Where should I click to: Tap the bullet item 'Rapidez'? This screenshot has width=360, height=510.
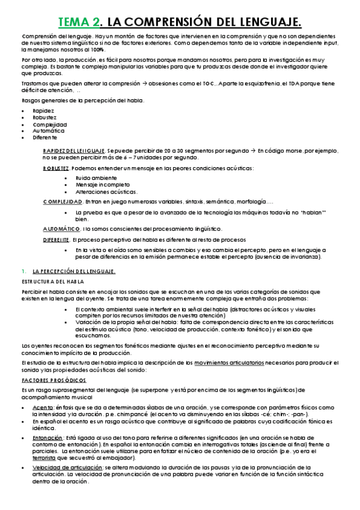(44, 111)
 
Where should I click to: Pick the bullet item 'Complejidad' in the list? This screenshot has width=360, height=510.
(50, 124)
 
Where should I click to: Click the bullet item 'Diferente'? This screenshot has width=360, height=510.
(45, 137)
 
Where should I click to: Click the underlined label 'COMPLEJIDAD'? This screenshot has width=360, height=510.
(63, 202)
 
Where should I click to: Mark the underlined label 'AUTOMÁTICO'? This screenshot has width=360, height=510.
(61, 229)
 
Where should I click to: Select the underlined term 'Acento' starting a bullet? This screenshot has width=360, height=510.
(43, 408)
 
